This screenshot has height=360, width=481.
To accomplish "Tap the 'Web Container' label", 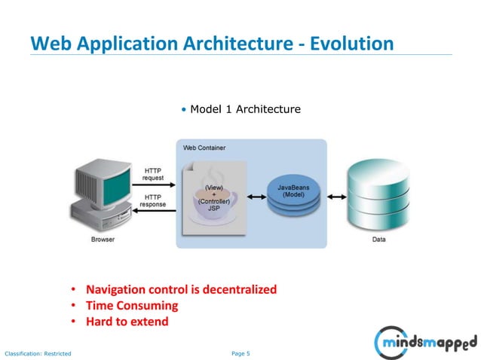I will tap(204, 148).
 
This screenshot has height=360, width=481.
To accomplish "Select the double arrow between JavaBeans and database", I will tap(332, 197).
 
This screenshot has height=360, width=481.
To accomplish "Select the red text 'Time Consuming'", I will tap(132, 306).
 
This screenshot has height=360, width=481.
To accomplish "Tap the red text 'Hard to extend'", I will tap(127, 322).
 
